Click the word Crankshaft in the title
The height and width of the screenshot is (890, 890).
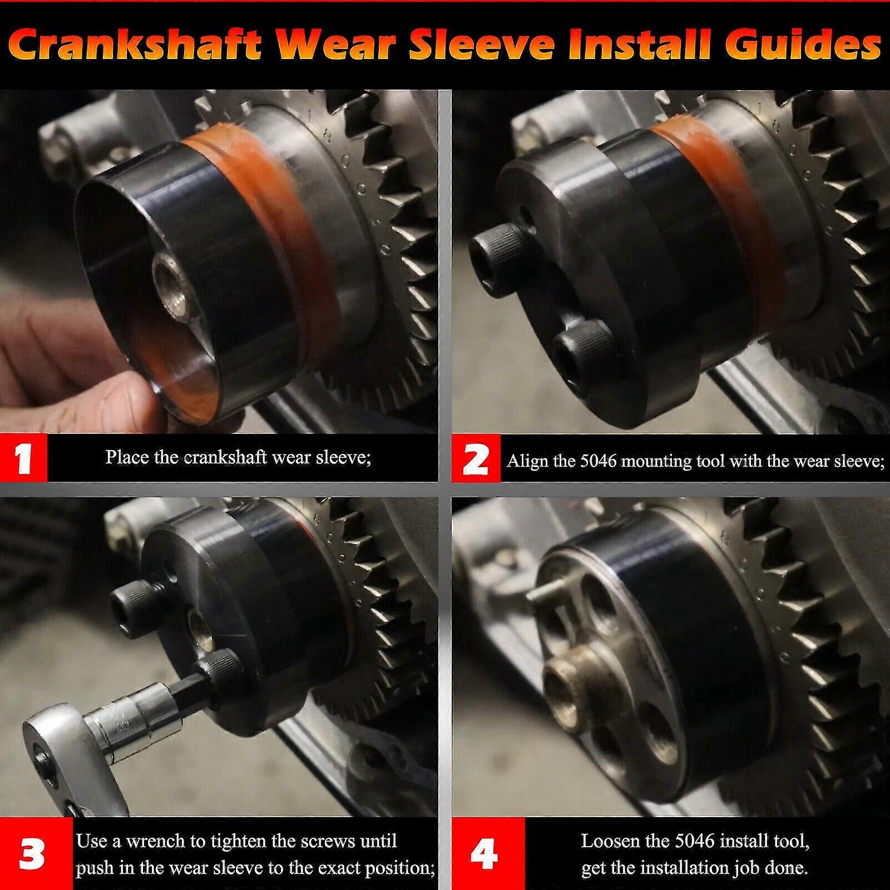point(135,45)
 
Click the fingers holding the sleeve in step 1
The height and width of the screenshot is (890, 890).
point(61,356)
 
